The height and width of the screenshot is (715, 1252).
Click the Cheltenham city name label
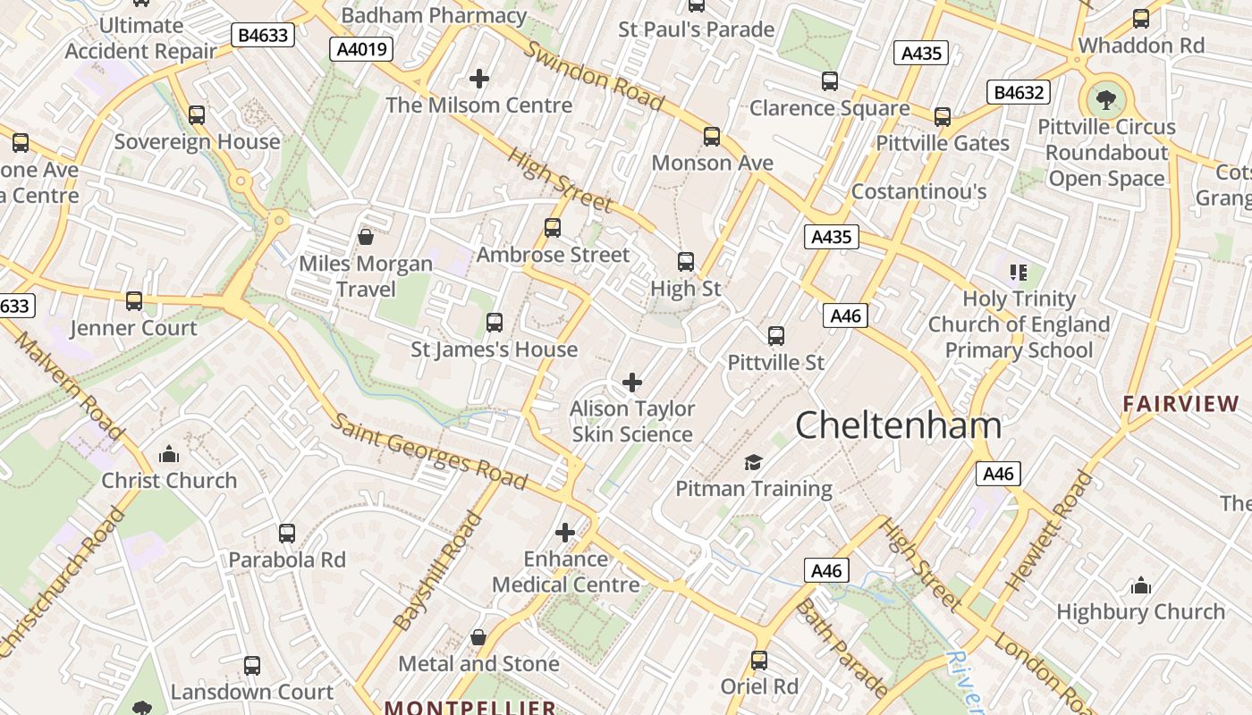(898, 425)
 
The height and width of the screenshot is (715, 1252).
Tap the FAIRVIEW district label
(1181, 404)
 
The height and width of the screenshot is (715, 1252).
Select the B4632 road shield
(1018, 92)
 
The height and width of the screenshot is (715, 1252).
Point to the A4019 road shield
(361, 48)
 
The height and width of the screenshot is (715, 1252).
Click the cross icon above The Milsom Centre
(479, 79)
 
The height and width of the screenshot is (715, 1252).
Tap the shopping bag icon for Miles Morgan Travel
(366, 237)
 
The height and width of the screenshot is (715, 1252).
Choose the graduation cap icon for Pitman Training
(754, 462)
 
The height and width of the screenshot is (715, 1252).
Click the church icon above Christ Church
(169, 454)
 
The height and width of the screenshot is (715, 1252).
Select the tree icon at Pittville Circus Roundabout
(1106, 99)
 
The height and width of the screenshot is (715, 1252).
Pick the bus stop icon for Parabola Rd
(287, 534)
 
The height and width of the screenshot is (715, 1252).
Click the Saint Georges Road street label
(429, 450)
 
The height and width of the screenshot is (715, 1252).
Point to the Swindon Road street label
(594, 75)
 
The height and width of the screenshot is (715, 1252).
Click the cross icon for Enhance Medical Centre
(565, 533)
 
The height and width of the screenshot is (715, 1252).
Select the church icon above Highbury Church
(1140, 585)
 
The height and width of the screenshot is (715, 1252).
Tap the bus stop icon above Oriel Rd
(759, 660)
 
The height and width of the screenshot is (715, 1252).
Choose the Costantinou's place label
(918, 191)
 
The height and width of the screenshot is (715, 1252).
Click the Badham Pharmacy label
(434, 15)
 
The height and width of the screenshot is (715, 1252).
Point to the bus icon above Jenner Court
(134, 301)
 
